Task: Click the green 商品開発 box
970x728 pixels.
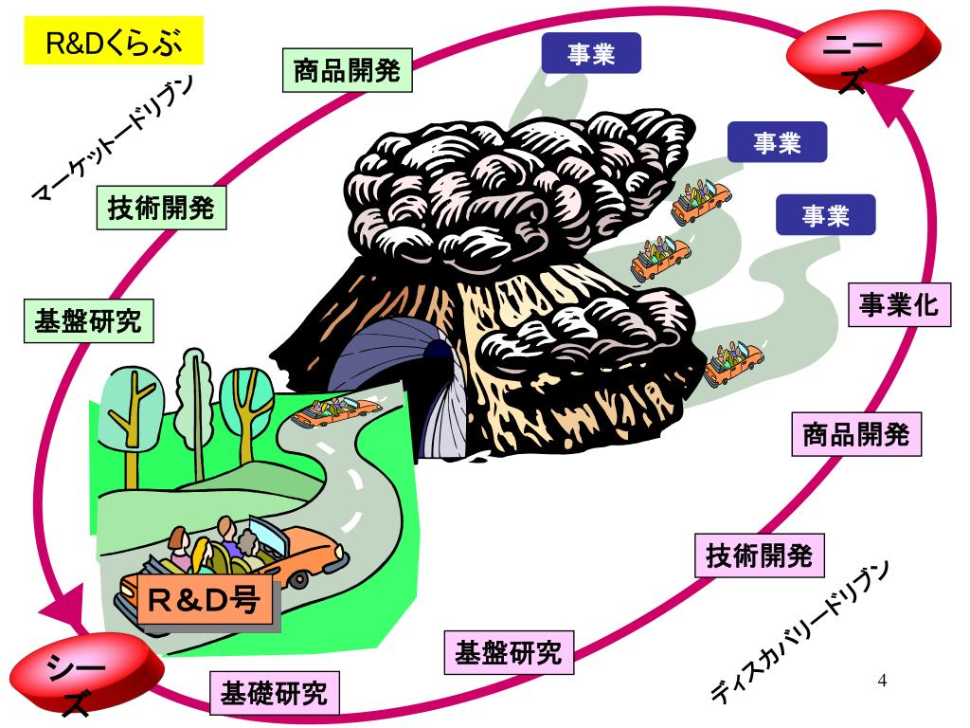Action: click(348, 71)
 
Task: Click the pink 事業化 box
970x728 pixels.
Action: click(899, 304)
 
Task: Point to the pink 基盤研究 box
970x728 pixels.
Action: click(509, 652)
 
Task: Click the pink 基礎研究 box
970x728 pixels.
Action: click(275, 695)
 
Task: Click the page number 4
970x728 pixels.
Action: click(883, 681)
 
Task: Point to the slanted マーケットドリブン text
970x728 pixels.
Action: click(113, 139)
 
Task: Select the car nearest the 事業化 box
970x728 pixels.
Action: click(734, 361)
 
